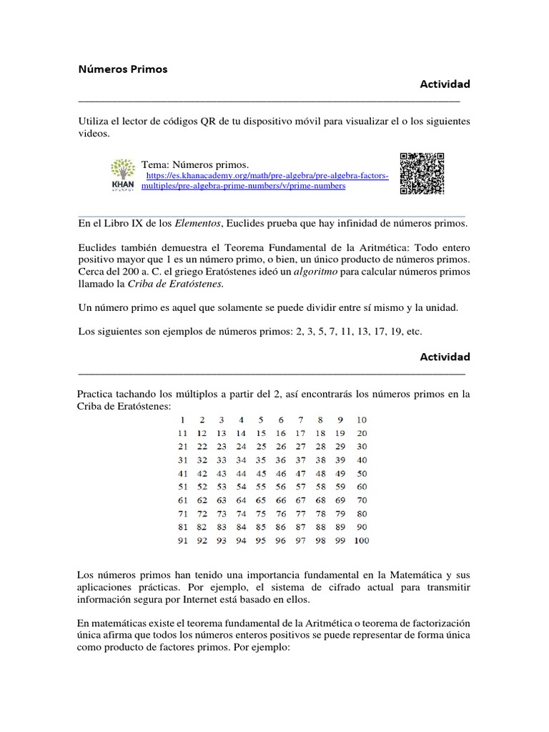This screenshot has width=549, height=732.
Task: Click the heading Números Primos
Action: (x=122, y=69)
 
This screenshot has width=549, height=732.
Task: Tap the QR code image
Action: (x=422, y=173)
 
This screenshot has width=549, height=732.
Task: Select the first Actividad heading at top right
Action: (x=445, y=84)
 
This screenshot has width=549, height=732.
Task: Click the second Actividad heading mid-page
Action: (x=445, y=356)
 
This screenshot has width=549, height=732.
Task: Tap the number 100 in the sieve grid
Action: (x=361, y=541)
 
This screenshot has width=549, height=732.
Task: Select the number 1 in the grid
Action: (x=183, y=420)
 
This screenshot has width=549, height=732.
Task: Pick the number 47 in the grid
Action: (x=300, y=473)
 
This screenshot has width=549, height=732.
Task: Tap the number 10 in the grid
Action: (x=362, y=420)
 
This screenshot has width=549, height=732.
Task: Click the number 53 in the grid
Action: (x=222, y=487)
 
